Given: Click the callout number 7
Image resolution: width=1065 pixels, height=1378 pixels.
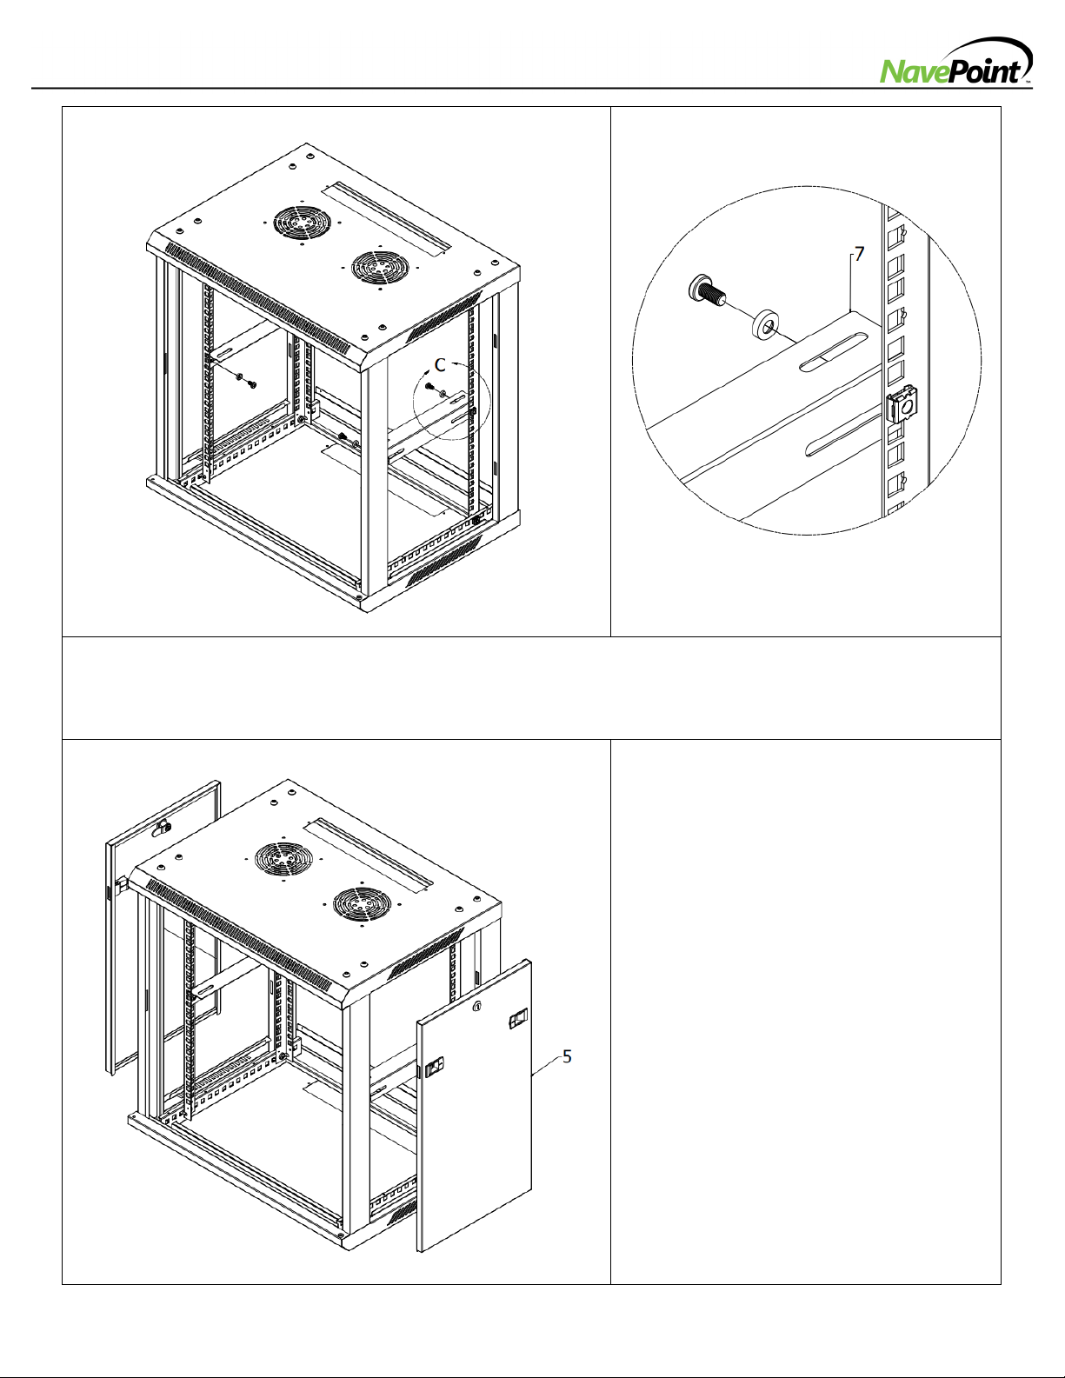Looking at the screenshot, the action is tap(859, 254).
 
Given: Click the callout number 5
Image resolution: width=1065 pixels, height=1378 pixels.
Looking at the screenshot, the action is tap(567, 1056).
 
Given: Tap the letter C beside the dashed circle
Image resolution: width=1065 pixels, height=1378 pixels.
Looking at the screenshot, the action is tap(440, 365).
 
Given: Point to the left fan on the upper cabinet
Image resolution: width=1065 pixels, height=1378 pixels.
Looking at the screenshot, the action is tap(303, 223).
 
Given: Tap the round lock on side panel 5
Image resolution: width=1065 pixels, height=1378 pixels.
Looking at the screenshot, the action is tap(479, 1006).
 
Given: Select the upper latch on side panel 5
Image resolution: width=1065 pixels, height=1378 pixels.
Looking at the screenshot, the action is tap(518, 1020).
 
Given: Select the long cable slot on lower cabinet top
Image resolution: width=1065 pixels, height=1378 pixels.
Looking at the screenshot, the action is tap(368, 856).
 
